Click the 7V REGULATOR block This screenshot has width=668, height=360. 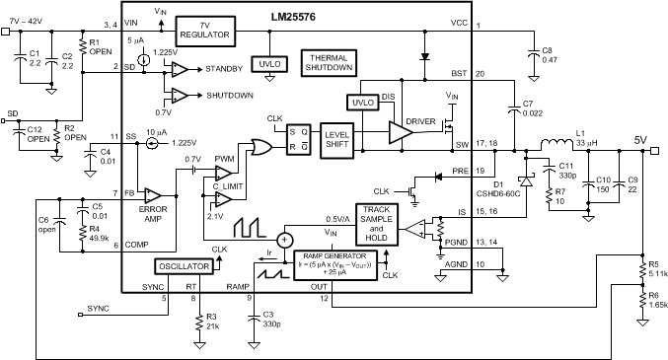click(x=204, y=30)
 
